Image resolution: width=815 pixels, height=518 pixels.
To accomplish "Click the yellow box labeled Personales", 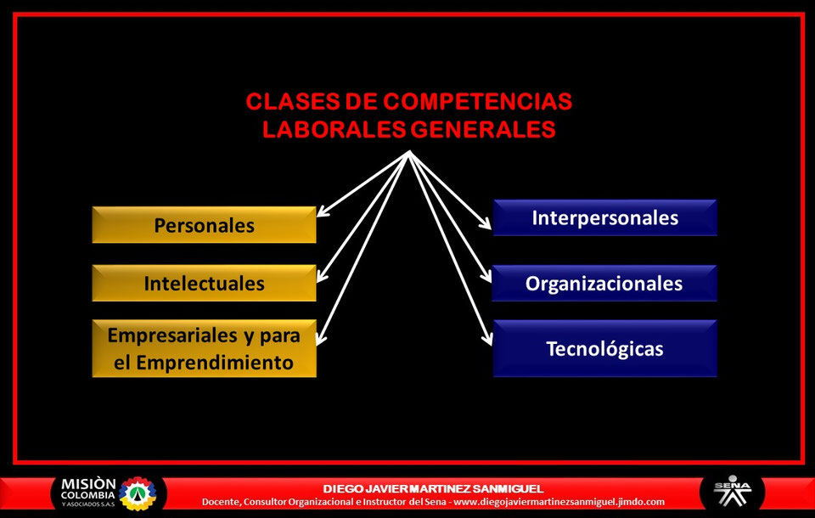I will coord(204,225).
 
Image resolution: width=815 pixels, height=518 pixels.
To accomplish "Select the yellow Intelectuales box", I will coord(204,283).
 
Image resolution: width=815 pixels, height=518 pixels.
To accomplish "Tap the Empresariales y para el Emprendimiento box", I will coord(204,348).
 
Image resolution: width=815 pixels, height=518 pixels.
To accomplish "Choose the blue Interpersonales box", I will coord(604,217).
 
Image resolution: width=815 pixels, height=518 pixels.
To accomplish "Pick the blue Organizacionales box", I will coord(604,283).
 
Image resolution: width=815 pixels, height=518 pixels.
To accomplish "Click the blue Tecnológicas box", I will coord(604,348).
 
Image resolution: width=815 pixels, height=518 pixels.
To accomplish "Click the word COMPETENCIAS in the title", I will coord(477,102).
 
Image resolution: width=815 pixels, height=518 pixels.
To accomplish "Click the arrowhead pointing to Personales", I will coord(322,212).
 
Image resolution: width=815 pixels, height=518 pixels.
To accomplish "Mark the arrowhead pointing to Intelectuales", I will coord(322,276).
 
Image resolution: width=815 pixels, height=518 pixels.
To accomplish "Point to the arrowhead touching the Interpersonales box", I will coord(486,226).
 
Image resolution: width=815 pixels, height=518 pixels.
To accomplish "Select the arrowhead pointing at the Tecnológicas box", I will coord(487,340).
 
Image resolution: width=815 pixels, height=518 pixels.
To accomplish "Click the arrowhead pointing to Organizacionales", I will coord(486,278).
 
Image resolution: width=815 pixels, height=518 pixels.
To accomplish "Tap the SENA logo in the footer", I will coord(732,492).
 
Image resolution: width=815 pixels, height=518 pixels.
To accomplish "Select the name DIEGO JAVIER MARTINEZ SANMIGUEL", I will coord(433,488).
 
